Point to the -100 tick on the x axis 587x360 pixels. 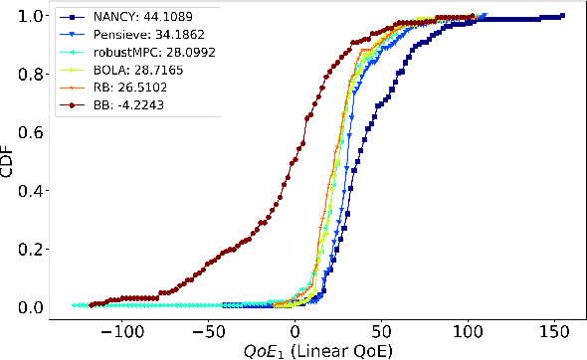tap(123, 328)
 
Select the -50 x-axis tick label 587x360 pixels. tap(210, 328)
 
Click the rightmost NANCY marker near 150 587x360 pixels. tap(561, 16)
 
